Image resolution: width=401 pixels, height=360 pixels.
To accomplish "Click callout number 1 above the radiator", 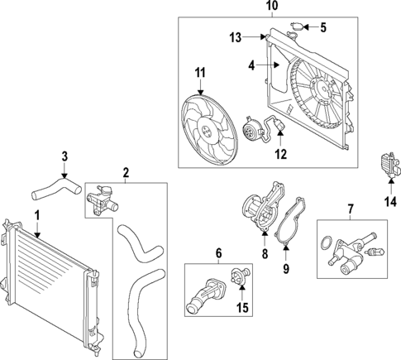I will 36,215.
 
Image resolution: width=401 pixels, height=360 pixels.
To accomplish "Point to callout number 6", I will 217,252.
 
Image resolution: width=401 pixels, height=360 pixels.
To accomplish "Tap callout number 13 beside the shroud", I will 235,37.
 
